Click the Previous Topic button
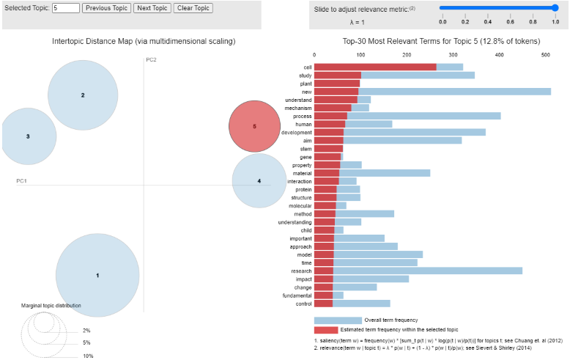[106, 8]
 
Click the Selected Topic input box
[65, 8]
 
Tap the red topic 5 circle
[254, 126]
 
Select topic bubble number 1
[97, 275]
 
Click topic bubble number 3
[29, 136]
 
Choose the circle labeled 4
[259, 180]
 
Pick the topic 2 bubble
[83, 95]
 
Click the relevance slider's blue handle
[555, 8]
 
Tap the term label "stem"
[306, 149]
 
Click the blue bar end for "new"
[549, 92]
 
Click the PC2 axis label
[151, 59]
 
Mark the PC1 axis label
[22, 180]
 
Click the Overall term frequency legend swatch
[338, 320]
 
